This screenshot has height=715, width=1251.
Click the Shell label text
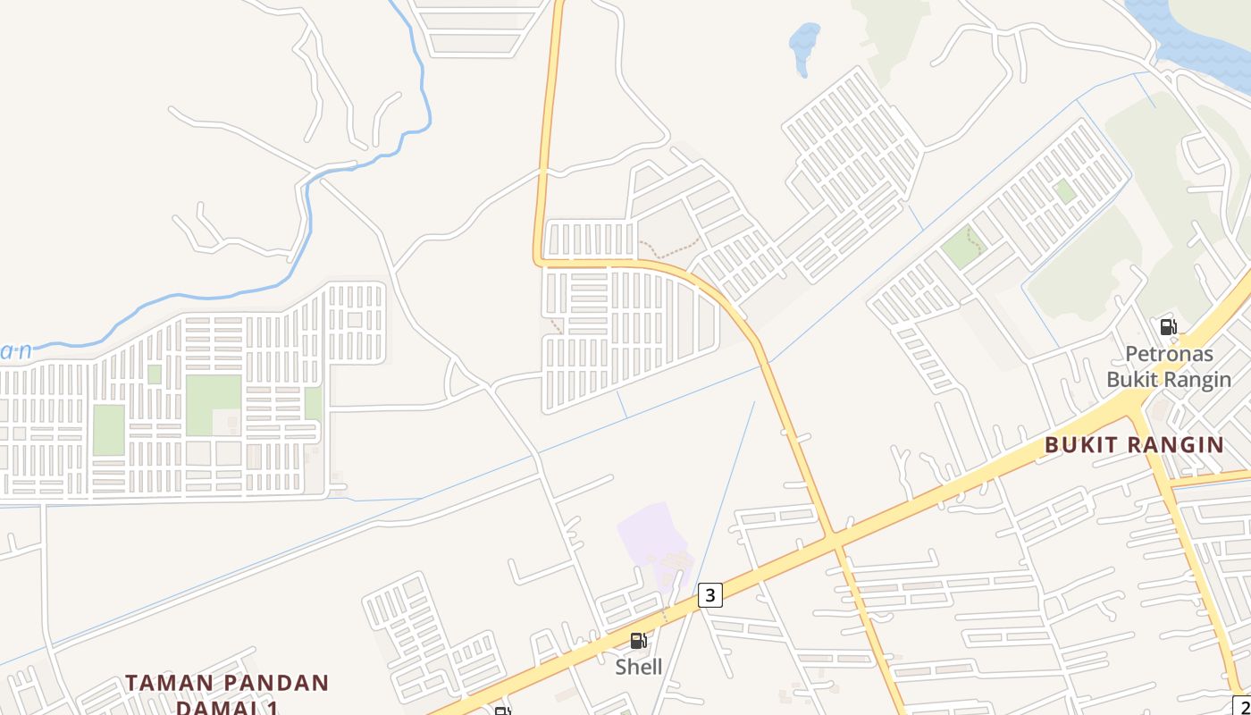pyautogui.click(x=639, y=667)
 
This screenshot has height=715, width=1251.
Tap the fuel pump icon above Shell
pyautogui.click(x=638, y=641)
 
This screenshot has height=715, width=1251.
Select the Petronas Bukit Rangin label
pyautogui.click(x=1169, y=366)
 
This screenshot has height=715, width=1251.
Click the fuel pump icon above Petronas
pyautogui.click(x=1168, y=327)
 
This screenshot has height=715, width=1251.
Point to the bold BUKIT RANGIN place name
pyautogui.click(x=1134, y=445)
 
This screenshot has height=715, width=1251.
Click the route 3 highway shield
pyautogui.click(x=709, y=595)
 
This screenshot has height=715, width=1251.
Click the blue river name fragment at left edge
pyautogui.click(x=16, y=351)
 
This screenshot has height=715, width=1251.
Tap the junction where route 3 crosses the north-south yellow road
pyautogui.click(x=834, y=539)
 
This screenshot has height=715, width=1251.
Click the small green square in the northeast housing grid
pyautogui.click(x=1063, y=190)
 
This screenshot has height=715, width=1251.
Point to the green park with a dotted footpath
pyautogui.click(x=963, y=246)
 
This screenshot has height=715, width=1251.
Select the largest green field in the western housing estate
pyautogui.click(x=214, y=404)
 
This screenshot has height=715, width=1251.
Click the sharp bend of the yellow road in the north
pyautogui.click(x=540, y=260)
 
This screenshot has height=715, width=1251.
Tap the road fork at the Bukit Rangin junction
pyautogui.click(x=1135, y=407)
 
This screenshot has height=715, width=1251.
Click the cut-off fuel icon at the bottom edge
pyautogui.click(x=503, y=711)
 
